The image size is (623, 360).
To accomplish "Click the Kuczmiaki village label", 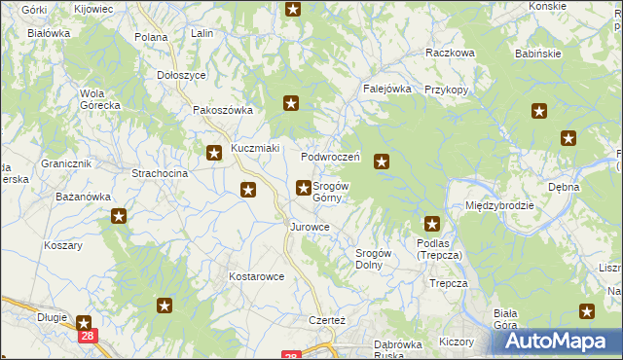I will (x=255, y=149).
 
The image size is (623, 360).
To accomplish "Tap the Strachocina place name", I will (x=159, y=173).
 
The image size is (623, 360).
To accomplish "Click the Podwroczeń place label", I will (x=331, y=157).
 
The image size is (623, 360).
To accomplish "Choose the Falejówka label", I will (x=387, y=88).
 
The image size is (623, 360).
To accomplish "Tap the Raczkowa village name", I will (x=450, y=54).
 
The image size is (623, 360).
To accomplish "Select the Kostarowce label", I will (x=256, y=276).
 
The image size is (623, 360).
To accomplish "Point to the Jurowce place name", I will (x=310, y=227).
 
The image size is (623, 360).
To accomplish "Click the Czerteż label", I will (x=327, y=321).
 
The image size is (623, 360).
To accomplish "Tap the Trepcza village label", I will (x=449, y=283).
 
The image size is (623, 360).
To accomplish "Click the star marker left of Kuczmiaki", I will (x=214, y=152).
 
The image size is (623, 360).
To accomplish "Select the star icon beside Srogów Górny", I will (x=304, y=187).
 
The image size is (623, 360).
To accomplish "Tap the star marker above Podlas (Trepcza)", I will (x=432, y=224).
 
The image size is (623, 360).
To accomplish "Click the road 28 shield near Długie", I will (x=87, y=336).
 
